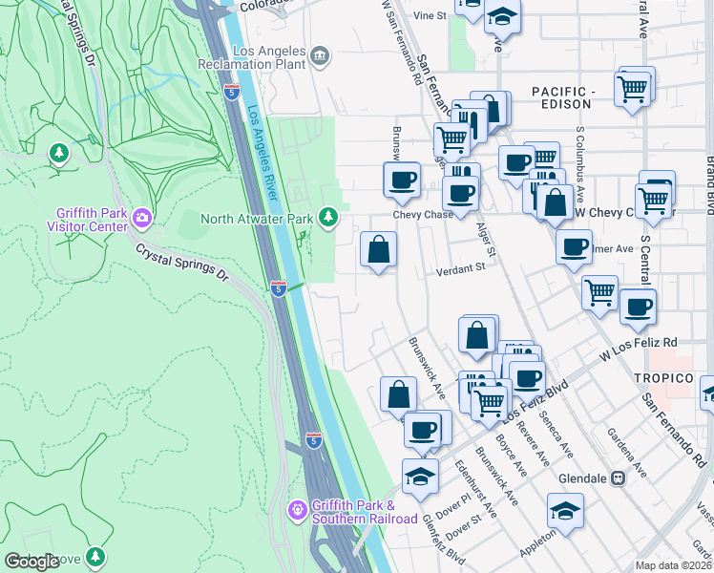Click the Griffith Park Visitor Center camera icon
(x=142, y=219)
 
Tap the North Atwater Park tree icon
(x=328, y=219)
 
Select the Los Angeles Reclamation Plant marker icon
(x=319, y=56)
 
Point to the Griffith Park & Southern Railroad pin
(x=298, y=511)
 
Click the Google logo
(x=31, y=562)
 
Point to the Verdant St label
(x=462, y=268)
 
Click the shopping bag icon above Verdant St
(x=379, y=250)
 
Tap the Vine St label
(x=430, y=16)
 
